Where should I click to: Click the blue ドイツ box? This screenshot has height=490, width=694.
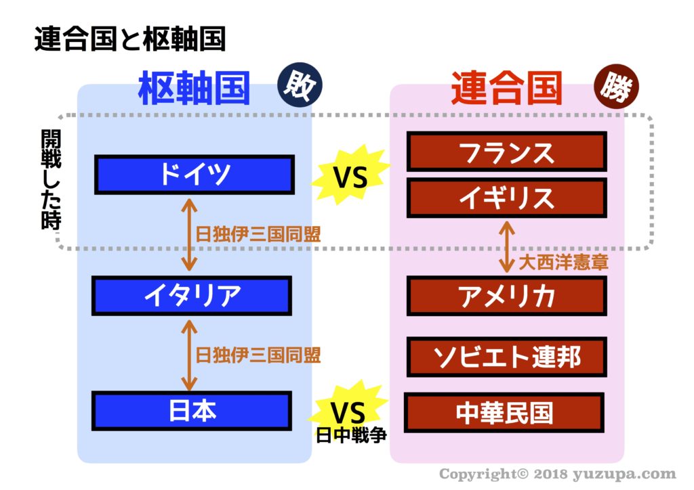pos(195,175)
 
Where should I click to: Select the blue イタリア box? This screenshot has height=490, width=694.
pos(192,296)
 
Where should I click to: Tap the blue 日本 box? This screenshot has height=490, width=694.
pos(192,411)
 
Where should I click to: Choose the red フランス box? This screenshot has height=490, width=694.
pos(507,152)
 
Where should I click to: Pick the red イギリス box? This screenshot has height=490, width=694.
pos(507,198)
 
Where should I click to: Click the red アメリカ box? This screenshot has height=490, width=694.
pos(507,296)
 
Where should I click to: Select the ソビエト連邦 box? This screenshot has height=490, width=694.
pos(507,357)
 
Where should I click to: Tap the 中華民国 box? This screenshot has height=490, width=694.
pos(504,413)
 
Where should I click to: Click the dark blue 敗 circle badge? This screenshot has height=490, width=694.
pos(300,85)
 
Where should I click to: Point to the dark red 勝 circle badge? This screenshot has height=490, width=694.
pos(616,87)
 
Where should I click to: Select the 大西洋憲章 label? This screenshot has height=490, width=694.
pos(563,262)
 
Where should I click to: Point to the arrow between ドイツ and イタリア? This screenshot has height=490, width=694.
pos(190,235)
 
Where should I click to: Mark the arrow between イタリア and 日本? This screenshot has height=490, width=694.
pos(190,355)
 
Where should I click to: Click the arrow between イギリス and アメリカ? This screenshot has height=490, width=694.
pos(507,246)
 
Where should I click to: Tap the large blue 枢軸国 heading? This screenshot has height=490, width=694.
pos(195,89)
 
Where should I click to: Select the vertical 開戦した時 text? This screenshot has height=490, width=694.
pos(51,179)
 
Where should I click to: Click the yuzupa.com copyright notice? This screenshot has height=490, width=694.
pos(558,474)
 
